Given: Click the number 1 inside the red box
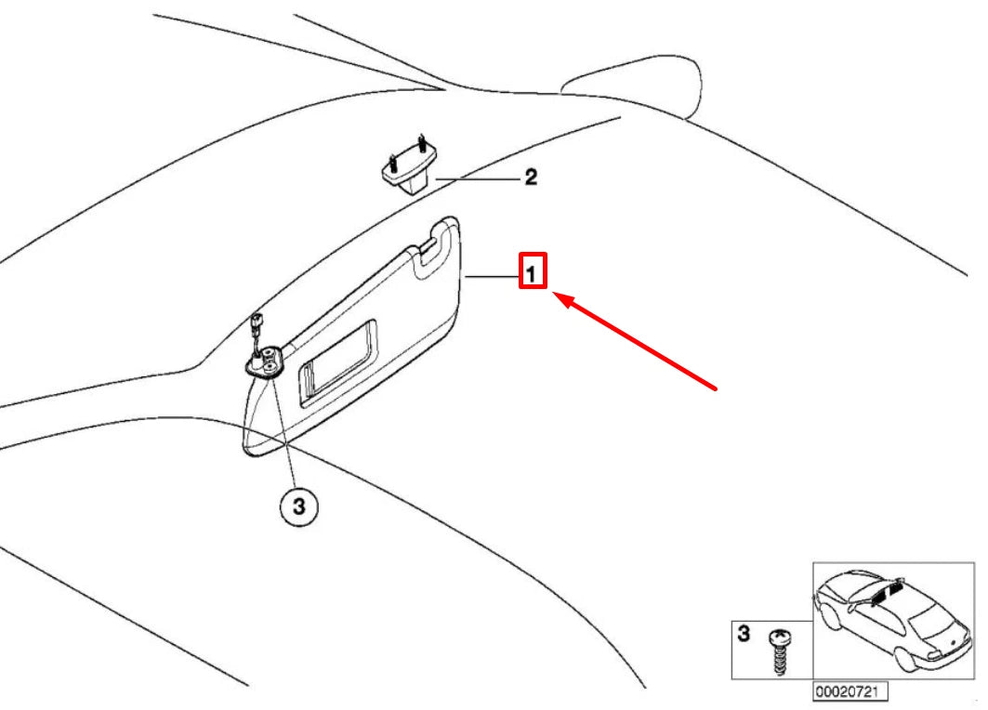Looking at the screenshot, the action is [x=532, y=274].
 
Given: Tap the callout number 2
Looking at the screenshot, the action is [x=531, y=177].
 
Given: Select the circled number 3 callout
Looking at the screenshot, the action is [x=298, y=506].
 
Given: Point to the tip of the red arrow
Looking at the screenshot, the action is [x=553, y=293].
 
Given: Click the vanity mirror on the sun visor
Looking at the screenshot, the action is [x=338, y=365].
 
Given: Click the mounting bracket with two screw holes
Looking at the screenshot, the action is [x=265, y=363].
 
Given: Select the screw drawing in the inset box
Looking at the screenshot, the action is [x=780, y=651].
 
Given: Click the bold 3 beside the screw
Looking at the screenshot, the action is [x=744, y=634].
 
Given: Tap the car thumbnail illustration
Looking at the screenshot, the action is [x=892, y=621].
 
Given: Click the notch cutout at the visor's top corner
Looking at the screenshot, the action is [x=431, y=245].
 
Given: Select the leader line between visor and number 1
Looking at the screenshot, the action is [x=492, y=277].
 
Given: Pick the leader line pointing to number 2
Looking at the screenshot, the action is [x=479, y=179].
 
